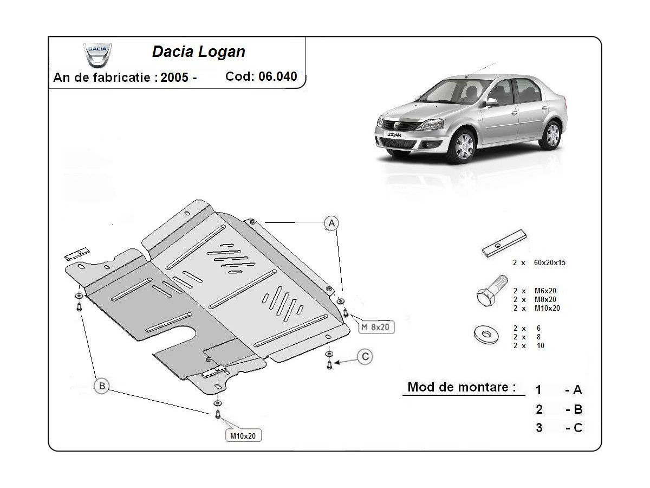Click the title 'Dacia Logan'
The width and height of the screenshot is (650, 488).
198,52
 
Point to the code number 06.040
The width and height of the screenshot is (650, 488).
277,76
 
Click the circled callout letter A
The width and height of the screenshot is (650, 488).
331,222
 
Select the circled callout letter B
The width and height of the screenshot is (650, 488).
101,386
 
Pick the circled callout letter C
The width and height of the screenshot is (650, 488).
366,356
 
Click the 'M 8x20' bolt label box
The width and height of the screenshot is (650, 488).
375,327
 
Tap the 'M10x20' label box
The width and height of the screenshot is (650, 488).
243,435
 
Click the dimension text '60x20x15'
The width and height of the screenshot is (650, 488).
550,262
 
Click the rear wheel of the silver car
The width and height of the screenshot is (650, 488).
551,134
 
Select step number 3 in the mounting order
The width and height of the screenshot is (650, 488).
539,427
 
